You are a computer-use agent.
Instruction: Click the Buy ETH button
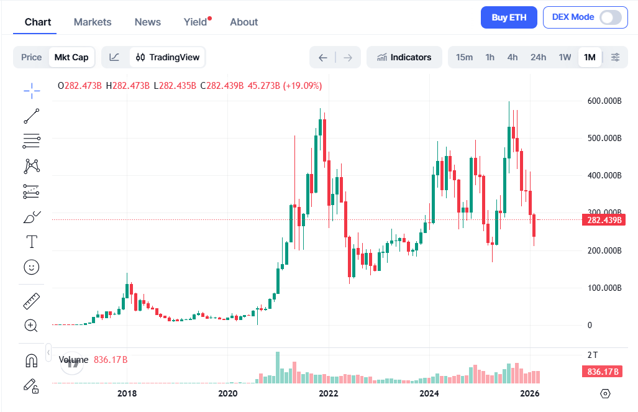click(509, 17)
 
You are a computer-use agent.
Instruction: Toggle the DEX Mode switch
click(610, 17)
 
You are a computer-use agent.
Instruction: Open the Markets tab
click(93, 22)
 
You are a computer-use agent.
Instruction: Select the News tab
click(148, 22)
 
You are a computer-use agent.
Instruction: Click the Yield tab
click(196, 22)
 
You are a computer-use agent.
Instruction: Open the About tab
click(244, 22)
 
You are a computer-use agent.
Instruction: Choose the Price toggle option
click(31, 57)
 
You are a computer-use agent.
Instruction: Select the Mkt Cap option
click(71, 57)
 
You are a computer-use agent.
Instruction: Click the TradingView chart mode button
click(168, 57)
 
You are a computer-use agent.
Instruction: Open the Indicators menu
click(404, 57)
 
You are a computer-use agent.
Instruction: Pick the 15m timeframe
click(464, 57)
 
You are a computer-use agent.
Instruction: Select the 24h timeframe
click(538, 57)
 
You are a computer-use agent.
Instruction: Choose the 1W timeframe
click(565, 57)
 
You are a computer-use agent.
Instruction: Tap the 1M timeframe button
click(590, 57)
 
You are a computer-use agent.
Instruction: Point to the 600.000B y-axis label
click(604, 101)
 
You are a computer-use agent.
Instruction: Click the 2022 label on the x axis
click(329, 393)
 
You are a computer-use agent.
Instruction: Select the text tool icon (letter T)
click(31, 241)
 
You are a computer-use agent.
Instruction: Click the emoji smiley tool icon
click(31, 267)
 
